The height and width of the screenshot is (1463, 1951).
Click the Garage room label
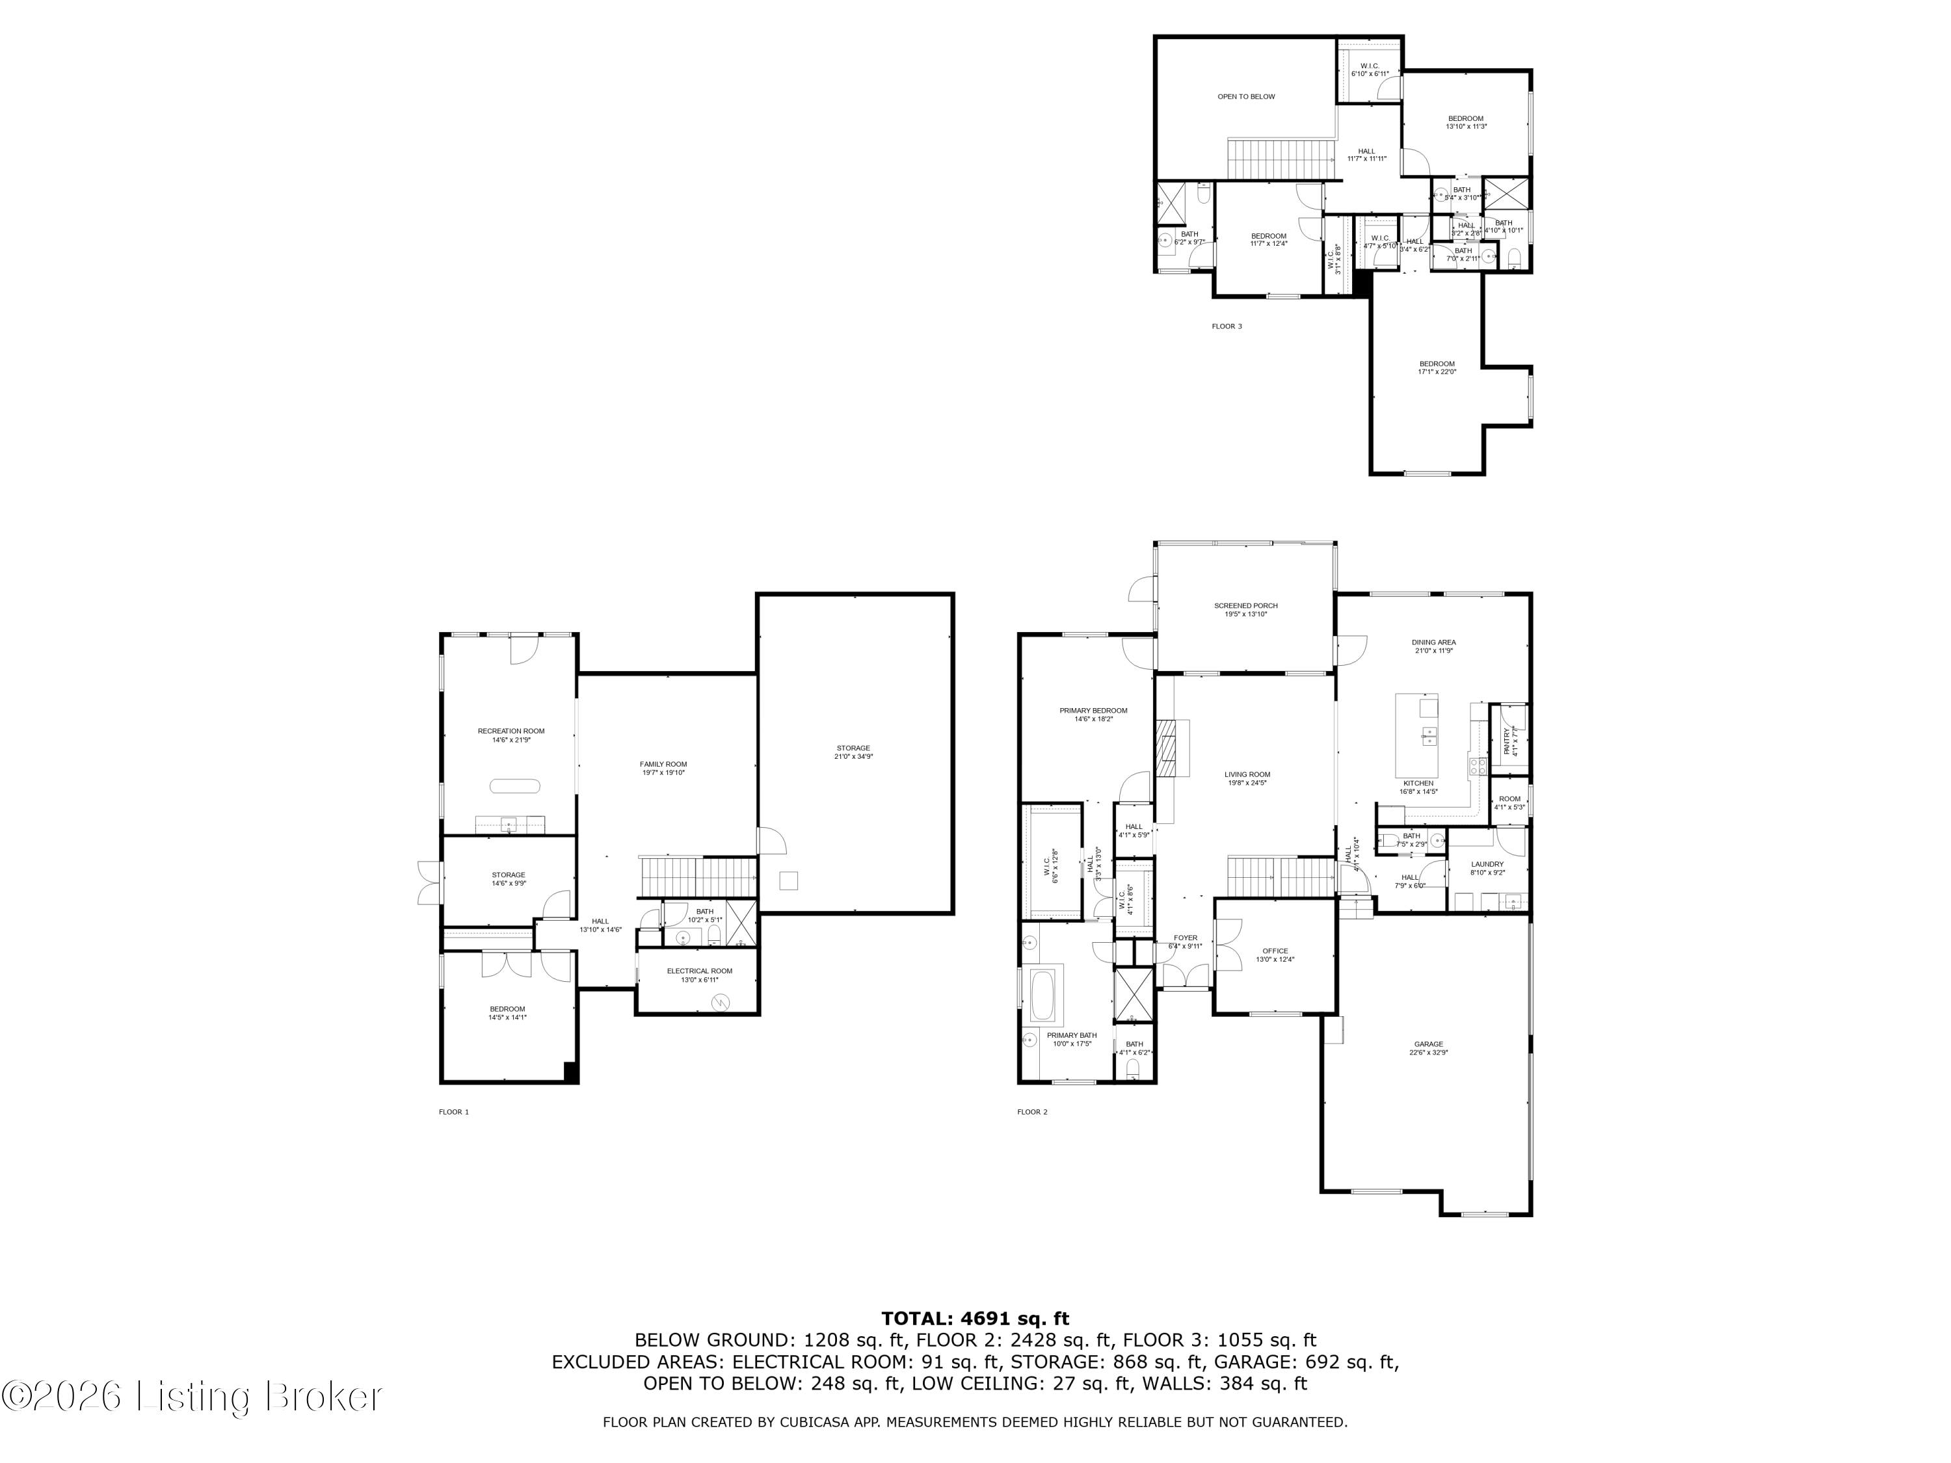[x=1428, y=1048]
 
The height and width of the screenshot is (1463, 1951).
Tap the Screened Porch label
[x=1245, y=609]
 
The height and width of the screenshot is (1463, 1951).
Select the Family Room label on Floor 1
[x=663, y=768]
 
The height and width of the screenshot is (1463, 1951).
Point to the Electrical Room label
[x=698, y=975]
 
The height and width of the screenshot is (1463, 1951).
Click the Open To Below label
[x=1245, y=97]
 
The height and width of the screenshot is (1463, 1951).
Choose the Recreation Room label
[x=511, y=735]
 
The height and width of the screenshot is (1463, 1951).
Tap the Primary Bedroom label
[x=1093, y=715]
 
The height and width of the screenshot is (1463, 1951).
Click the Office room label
[x=1275, y=954]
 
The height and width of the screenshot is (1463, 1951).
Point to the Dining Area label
[x=1433, y=646]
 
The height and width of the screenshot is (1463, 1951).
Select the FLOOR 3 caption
[x=1226, y=326]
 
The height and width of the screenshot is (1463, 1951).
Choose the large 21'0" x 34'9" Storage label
[x=853, y=752]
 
